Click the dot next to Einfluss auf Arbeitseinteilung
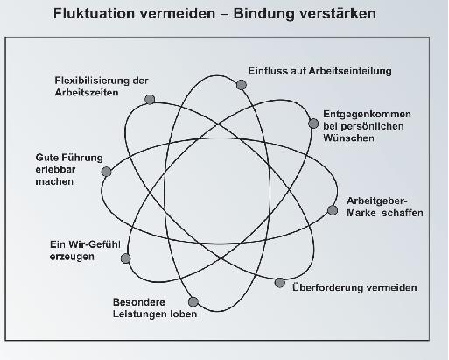[242, 85]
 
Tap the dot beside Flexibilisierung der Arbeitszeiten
[150, 100]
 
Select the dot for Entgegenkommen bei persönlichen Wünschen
[313, 124]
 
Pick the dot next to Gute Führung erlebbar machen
[106, 172]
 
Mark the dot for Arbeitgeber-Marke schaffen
[333, 210]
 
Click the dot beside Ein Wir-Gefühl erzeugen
[125, 258]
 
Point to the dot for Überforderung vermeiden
[279, 283]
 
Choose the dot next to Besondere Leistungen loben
[193, 302]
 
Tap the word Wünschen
[348, 138]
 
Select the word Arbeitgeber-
[377, 201]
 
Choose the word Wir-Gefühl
[95, 244]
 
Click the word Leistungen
[137, 314]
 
